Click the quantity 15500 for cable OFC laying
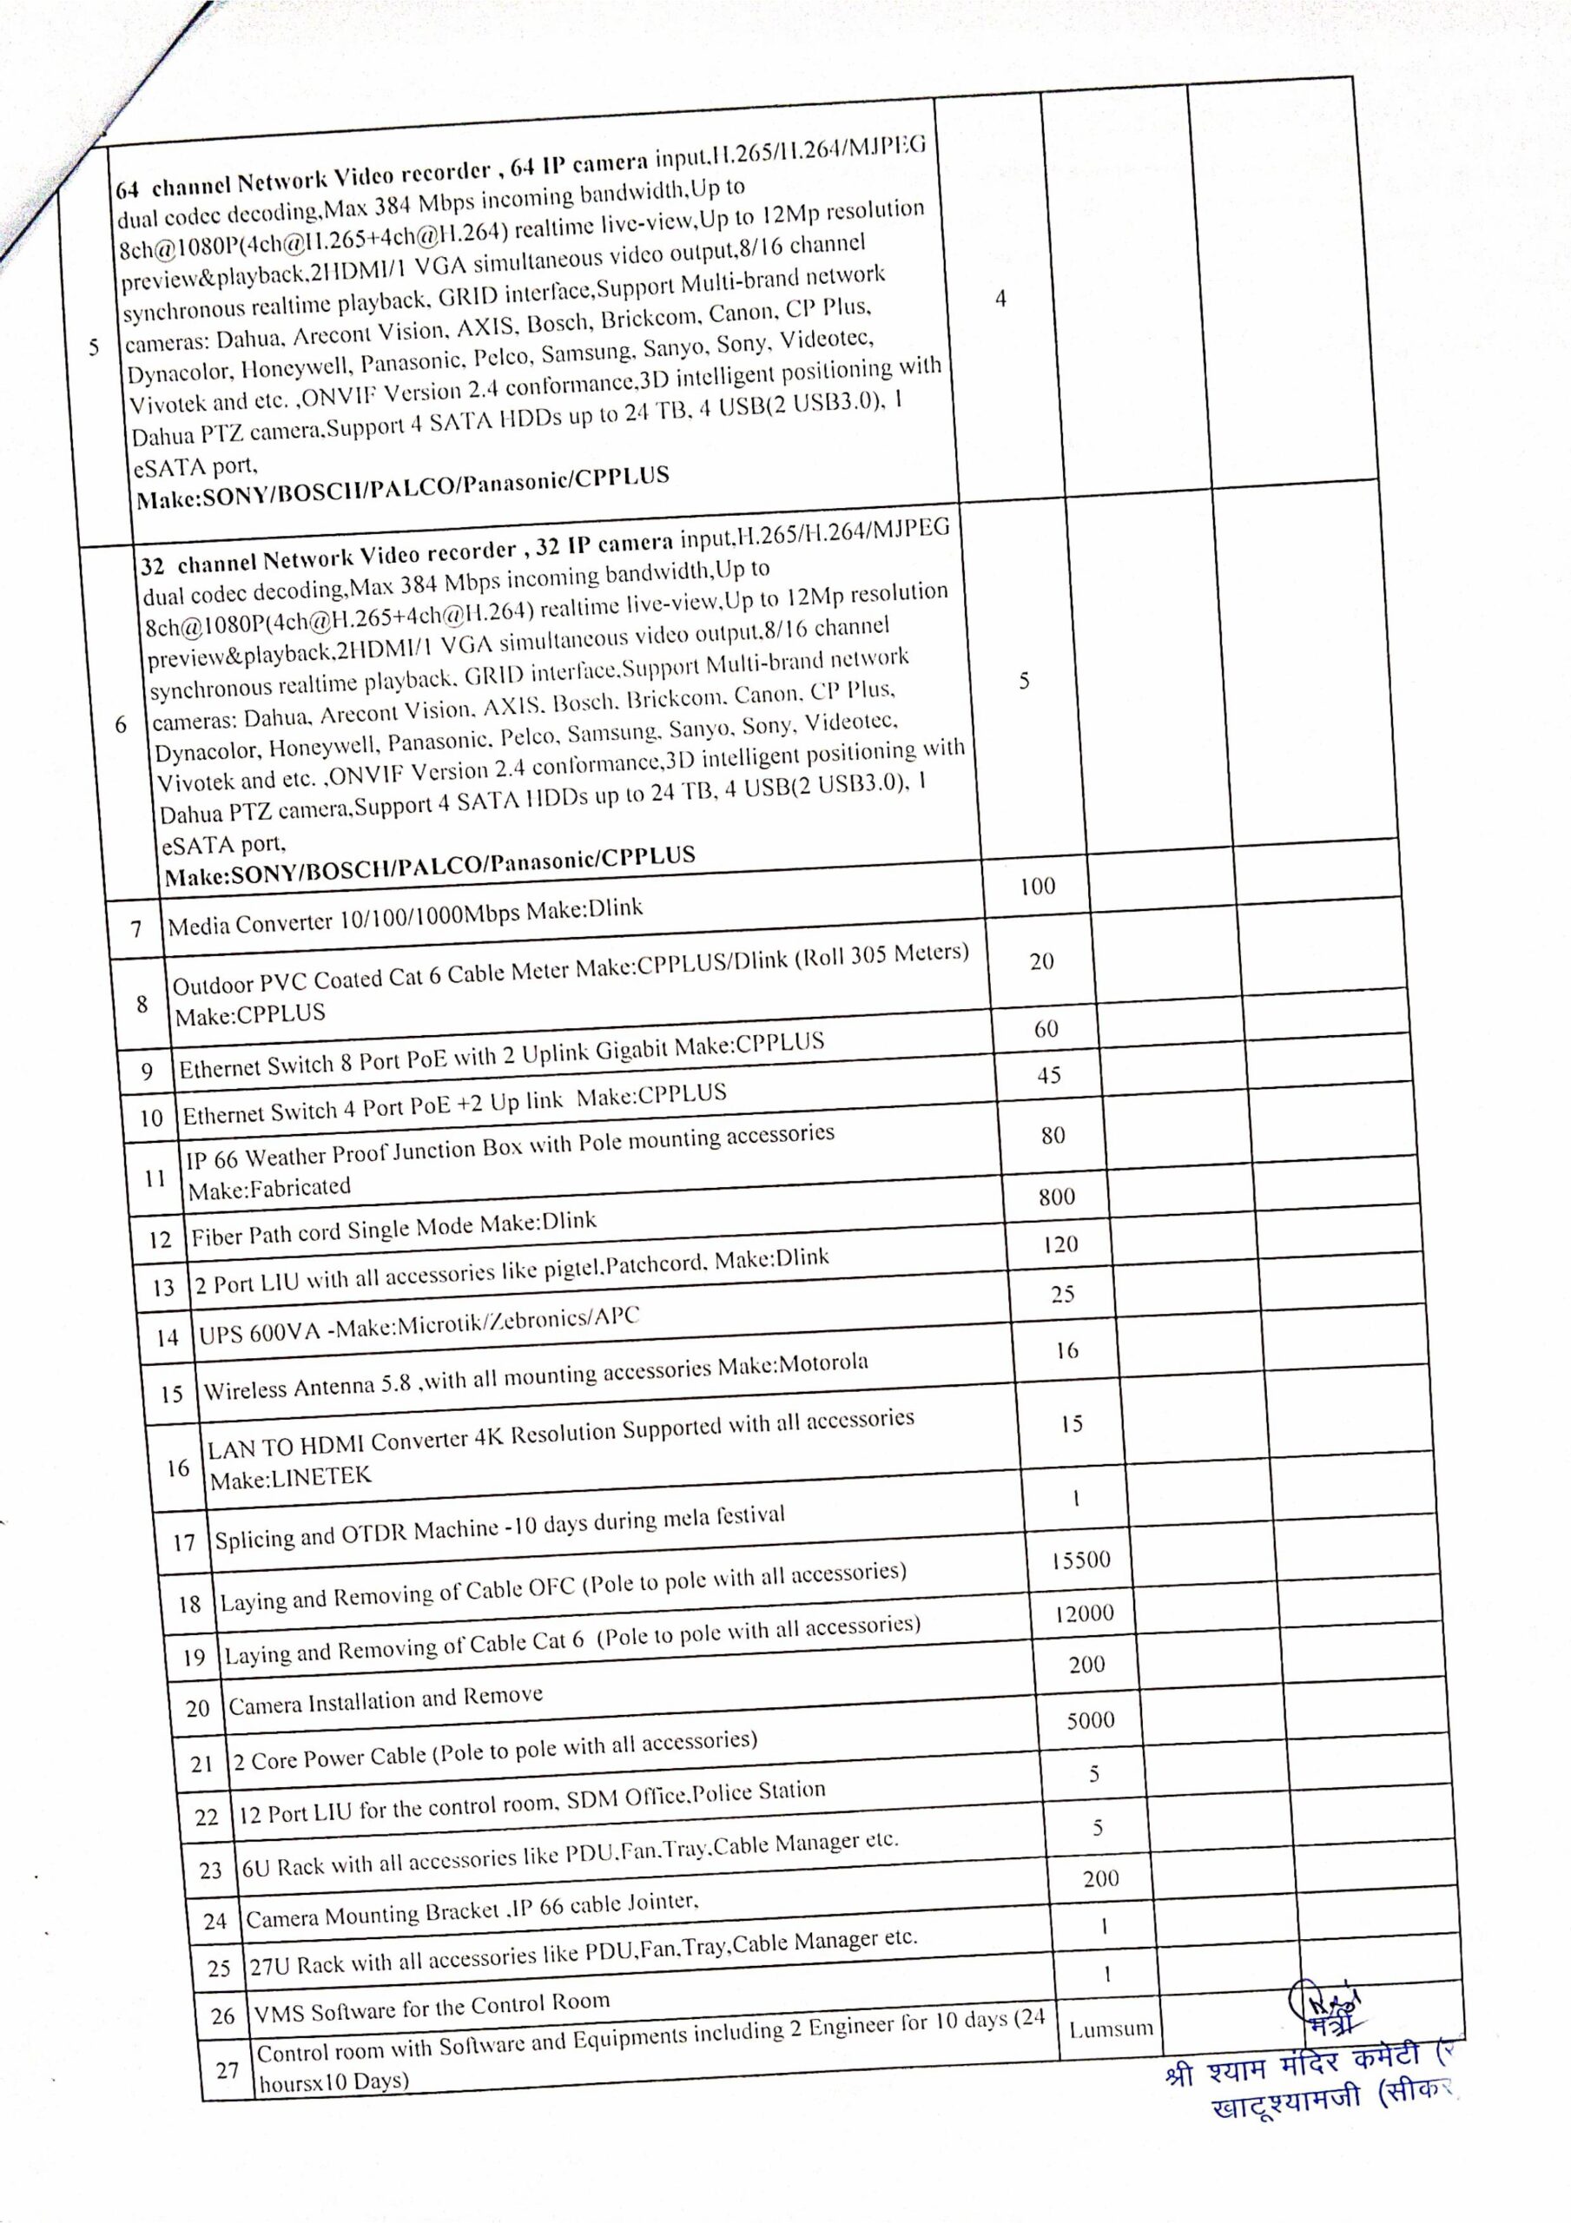[x=1081, y=1560]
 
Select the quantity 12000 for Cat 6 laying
[x=1085, y=1613]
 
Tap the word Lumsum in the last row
[x=1111, y=2028]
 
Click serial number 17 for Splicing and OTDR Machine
[x=184, y=1542]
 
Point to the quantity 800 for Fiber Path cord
[x=1057, y=1197]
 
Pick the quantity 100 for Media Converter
[x=1037, y=886]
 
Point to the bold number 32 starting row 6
[x=153, y=566]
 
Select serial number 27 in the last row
[x=228, y=2070]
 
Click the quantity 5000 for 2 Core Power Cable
[x=1091, y=1720]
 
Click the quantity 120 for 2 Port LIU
[x=1060, y=1245]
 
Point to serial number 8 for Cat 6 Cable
[x=142, y=1003]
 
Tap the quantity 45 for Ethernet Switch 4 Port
[x=1049, y=1075]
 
